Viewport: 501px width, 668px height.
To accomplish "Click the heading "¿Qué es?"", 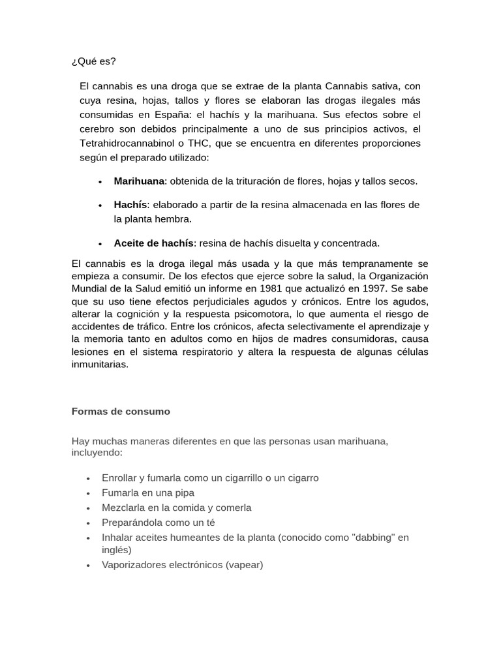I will point(93,61).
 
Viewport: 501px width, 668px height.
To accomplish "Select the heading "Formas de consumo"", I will point(120,412).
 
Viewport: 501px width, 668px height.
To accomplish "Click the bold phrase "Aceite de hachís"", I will point(153,243).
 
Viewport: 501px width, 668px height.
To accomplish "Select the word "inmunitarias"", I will point(100,365).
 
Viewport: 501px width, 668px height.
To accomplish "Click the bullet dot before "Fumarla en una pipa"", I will point(88,494).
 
